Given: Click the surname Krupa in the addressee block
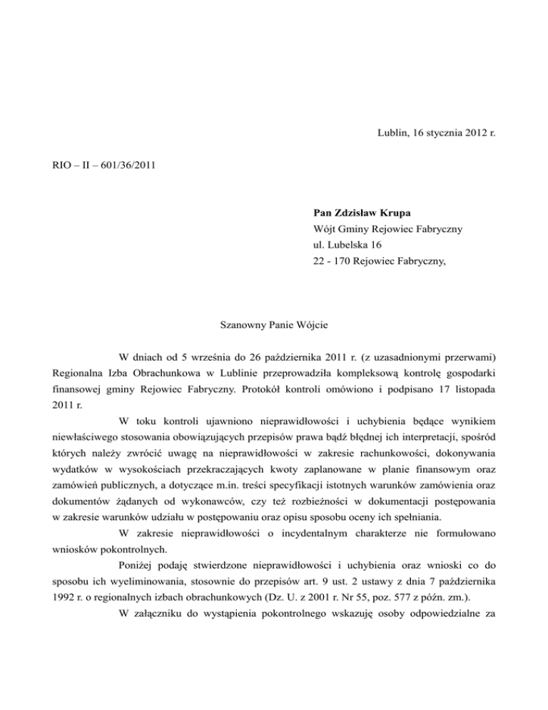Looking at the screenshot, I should [x=403, y=212].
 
